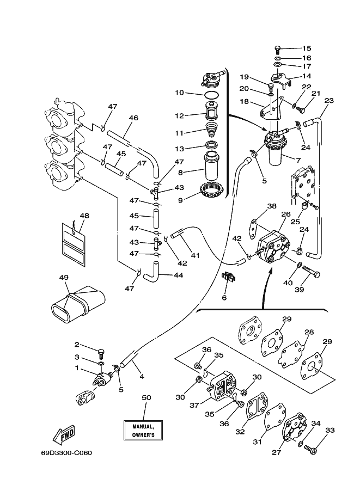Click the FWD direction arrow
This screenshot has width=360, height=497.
63,434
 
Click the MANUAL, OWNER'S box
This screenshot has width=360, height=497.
143,431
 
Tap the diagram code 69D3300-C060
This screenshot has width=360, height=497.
66,452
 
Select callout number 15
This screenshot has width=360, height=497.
307,48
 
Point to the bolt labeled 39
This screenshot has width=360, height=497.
311,271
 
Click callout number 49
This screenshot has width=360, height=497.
64,277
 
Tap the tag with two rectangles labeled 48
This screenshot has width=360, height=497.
74,244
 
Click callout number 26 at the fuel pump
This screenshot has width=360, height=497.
286,214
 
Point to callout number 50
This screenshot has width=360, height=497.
146,397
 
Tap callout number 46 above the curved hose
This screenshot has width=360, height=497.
133,118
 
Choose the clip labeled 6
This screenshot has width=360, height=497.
229,277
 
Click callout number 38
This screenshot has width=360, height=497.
272,206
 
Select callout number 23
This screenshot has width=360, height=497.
329,101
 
